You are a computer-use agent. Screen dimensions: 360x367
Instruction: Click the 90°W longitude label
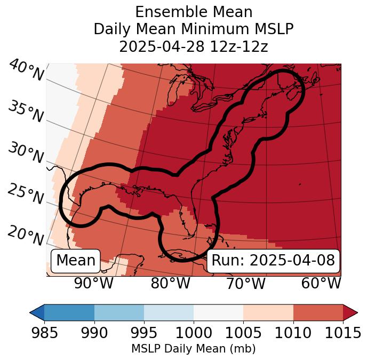coord(94,283)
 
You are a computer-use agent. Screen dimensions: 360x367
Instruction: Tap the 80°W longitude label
coord(170,283)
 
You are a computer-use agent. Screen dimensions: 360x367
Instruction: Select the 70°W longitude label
coord(245,283)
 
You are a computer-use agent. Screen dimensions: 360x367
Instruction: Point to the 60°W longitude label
coord(321,283)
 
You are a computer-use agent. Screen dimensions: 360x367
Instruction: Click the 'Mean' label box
coord(76,261)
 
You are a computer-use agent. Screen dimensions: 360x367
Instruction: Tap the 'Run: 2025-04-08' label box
coord(273,261)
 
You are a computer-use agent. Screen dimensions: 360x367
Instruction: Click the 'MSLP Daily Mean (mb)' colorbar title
coord(194,349)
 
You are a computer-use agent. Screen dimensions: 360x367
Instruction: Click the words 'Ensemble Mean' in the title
coord(194,12)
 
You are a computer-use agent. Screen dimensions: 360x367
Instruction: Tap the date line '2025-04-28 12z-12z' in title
coord(194,46)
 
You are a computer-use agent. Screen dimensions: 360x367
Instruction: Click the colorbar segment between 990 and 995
coord(119,312)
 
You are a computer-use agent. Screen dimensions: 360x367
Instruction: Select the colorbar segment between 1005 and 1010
coord(268,312)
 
